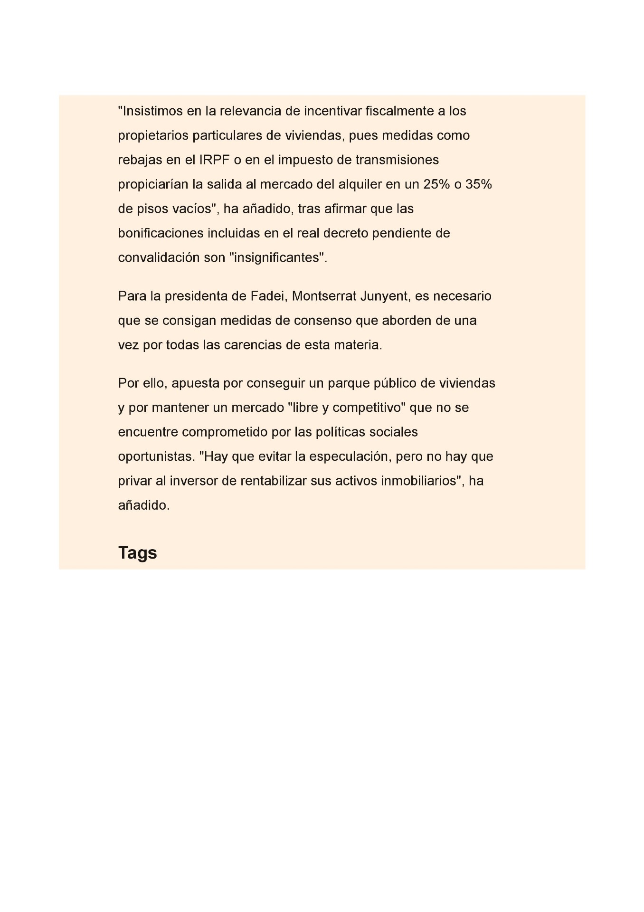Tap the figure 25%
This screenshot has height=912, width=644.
pyautogui.click(x=436, y=184)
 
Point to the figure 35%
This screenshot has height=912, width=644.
pyautogui.click(x=478, y=184)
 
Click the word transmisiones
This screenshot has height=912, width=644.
pyautogui.click(x=397, y=160)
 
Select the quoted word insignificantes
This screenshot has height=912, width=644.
pyautogui.click(x=278, y=257)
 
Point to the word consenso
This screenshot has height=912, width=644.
pyautogui.click(x=323, y=321)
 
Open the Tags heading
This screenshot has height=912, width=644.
pyautogui.click(x=137, y=553)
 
